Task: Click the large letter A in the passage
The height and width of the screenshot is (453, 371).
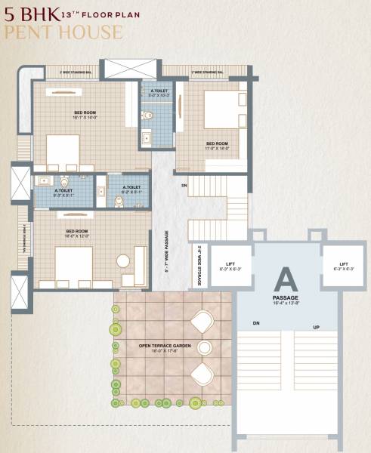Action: click(x=286, y=280)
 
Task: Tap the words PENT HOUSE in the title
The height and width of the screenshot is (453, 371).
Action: click(x=63, y=32)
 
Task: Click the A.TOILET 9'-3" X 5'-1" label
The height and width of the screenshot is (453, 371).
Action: click(x=63, y=193)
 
